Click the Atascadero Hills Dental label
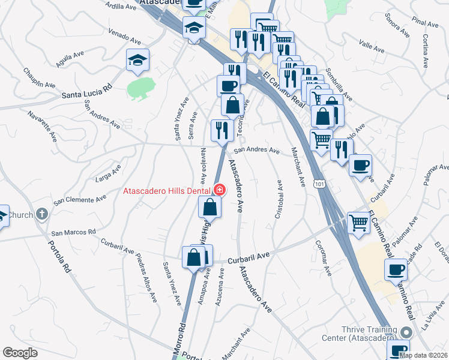(166, 191)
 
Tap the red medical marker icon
(220, 191)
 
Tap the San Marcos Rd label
(73, 232)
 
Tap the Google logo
(20, 353)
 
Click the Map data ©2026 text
(423, 355)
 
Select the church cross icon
(42, 213)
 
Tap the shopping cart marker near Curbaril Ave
(359, 223)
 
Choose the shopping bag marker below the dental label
(210, 207)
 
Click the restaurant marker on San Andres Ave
(222, 130)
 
